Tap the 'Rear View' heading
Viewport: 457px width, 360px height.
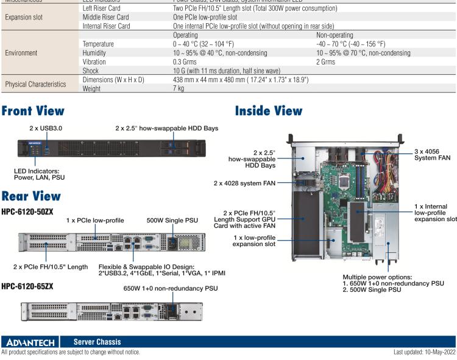pos(31,196)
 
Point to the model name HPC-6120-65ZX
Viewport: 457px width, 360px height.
pos(27,285)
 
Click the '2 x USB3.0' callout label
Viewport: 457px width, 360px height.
pos(46,129)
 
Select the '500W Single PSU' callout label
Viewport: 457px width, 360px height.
pos(172,221)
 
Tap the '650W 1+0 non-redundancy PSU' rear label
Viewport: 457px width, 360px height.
pos(171,289)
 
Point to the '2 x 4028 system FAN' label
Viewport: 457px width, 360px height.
pos(245,183)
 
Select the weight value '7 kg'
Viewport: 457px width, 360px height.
pos(179,88)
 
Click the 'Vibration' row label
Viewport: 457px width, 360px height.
pos(94,62)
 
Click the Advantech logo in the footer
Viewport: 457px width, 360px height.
pos(31,342)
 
